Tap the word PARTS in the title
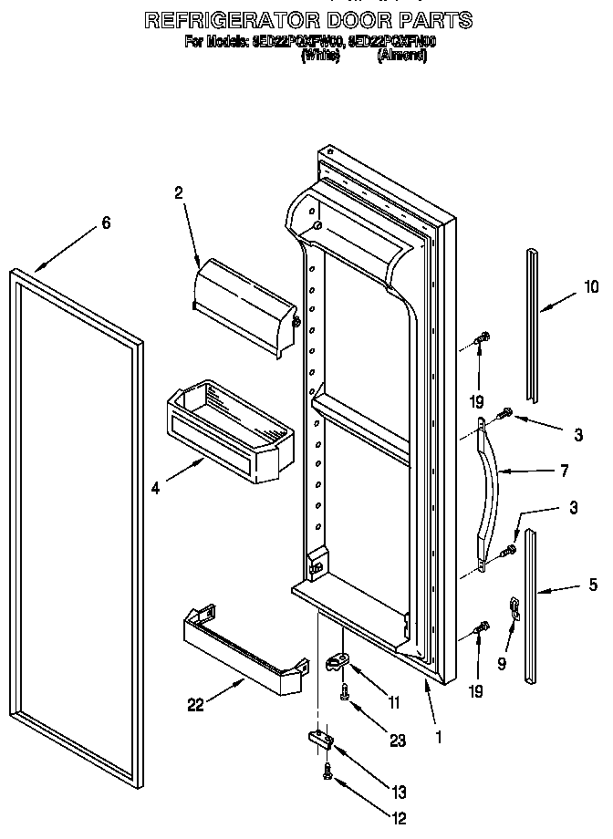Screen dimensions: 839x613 click(x=433, y=19)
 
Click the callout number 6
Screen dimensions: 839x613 click(x=107, y=223)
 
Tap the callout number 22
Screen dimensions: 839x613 click(x=194, y=704)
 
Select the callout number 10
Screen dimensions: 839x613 click(x=591, y=287)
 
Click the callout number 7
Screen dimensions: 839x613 click(x=564, y=471)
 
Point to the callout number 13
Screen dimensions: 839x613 click(x=399, y=792)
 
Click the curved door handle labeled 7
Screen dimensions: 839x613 click(x=489, y=483)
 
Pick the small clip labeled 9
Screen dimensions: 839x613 click(x=514, y=606)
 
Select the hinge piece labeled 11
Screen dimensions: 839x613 click(x=338, y=662)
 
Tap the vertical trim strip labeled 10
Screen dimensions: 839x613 click(x=532, y=324)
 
